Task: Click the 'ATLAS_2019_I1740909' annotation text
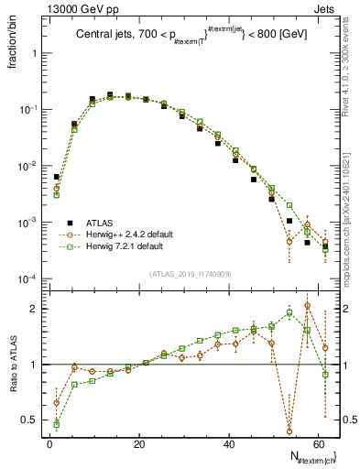(x=191, y=274)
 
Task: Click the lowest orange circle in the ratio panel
(x=289, y=430)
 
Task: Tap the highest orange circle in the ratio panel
(x=307, y=306)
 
